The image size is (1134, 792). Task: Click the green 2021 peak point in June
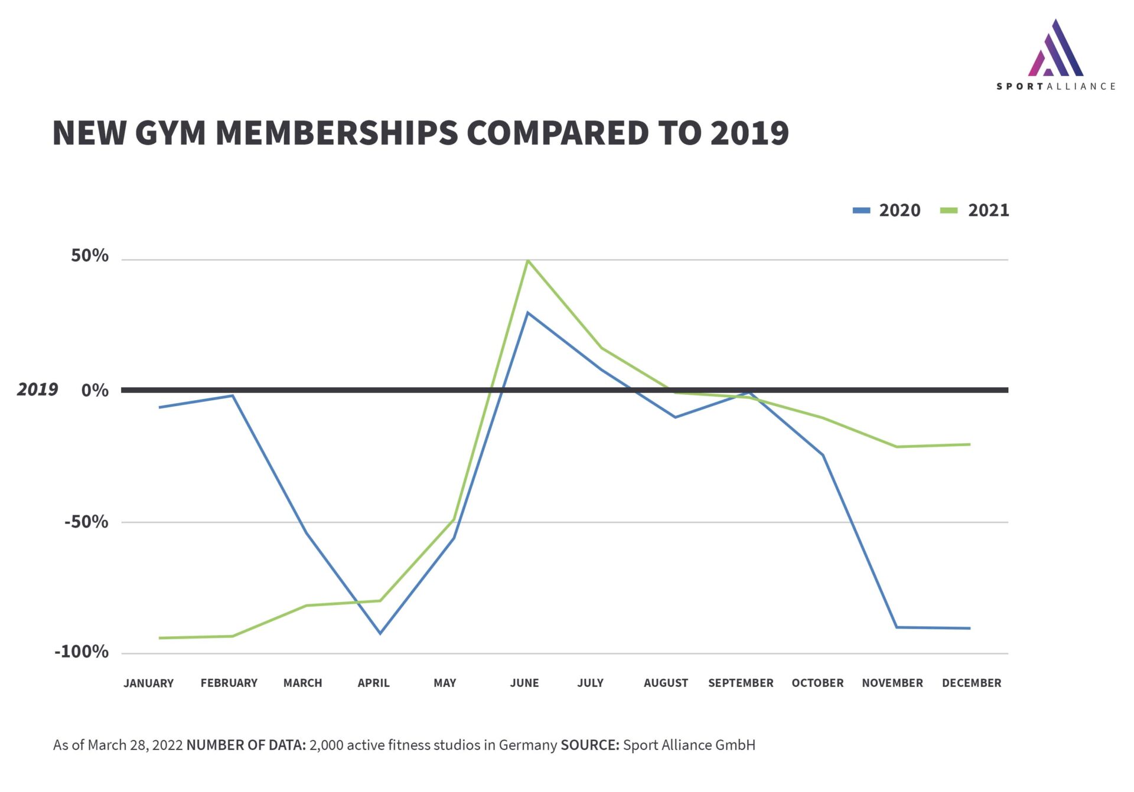(x=527, y=260)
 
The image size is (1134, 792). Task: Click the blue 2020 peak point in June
(x=527, y=313)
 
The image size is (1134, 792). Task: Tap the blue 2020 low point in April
(x=380, y=633)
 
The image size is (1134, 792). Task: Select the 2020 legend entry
(x=887, y=210)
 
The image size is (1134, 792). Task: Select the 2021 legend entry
(x=975, y=210)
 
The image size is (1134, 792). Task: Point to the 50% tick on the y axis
(x=90, y=256)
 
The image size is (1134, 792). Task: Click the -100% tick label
(x=82, y=652)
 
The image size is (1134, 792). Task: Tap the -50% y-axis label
(x=86, y=522)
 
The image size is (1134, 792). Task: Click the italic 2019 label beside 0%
(x=37, y=390)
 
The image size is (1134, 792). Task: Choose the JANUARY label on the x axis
(x=148, y=683)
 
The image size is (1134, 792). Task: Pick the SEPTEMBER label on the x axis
(x=741, y=683)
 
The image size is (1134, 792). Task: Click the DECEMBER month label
(x=972, y=683)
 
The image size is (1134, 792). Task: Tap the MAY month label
(x=445, y=683)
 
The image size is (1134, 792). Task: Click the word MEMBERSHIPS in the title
(x=337, y=133)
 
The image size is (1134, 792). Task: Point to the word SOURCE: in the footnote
(x=589, y=745)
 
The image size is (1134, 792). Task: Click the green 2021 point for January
(x=160, y=638)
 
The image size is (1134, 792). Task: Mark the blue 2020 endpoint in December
(x=970, y=628)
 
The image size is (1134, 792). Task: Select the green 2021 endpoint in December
(x=970, y=444)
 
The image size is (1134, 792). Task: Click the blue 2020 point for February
(x=233, y=396)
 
